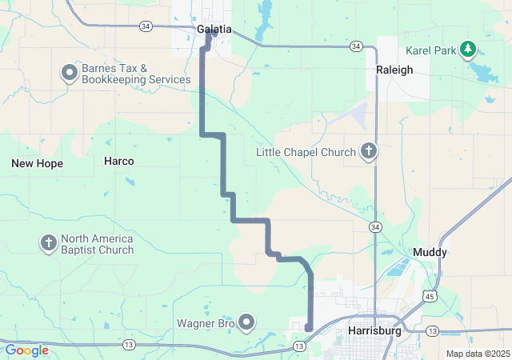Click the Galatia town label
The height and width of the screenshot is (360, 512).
pyautogui.click(x=214, y=30)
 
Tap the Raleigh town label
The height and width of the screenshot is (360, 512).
pyautogui.click(x=394, y=70)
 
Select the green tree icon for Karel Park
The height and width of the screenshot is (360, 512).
pyautogui.click(x=468, y=50)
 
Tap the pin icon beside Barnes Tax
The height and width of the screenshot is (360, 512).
pyautogui.click(x=70, y=74)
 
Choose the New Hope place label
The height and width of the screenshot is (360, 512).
pyautogui.click(x=37, y=163)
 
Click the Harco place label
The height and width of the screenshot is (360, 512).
pyautogui.click(x=119, y=161)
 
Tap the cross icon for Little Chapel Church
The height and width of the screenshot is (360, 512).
pyautogui.click(x=369, y=151)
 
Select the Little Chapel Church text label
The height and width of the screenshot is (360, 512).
pyautogui.click(x=305, y=151)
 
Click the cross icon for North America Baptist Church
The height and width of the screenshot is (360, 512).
pyautogui.click(x=48, y=243)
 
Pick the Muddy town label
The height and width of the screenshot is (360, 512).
pyautogui.click(x=430, y=252)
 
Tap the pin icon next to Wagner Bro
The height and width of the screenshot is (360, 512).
pyautogui.click(x=246, y=323)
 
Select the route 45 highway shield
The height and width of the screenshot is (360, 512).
pyautogui.click(x=430, y=295)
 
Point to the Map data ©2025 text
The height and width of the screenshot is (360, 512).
pyautogui.click(x=477, y=354)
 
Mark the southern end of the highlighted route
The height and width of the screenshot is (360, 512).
pyautogui.click(x=308, y=326)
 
